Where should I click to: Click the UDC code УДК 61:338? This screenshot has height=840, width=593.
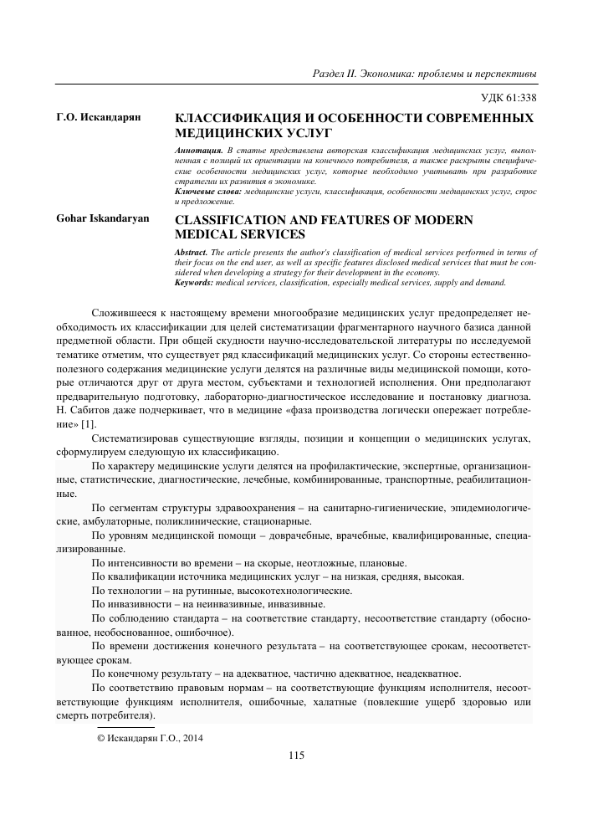[x=506, y=97]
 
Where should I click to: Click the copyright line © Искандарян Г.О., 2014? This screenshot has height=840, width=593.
[x=151, y=738]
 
